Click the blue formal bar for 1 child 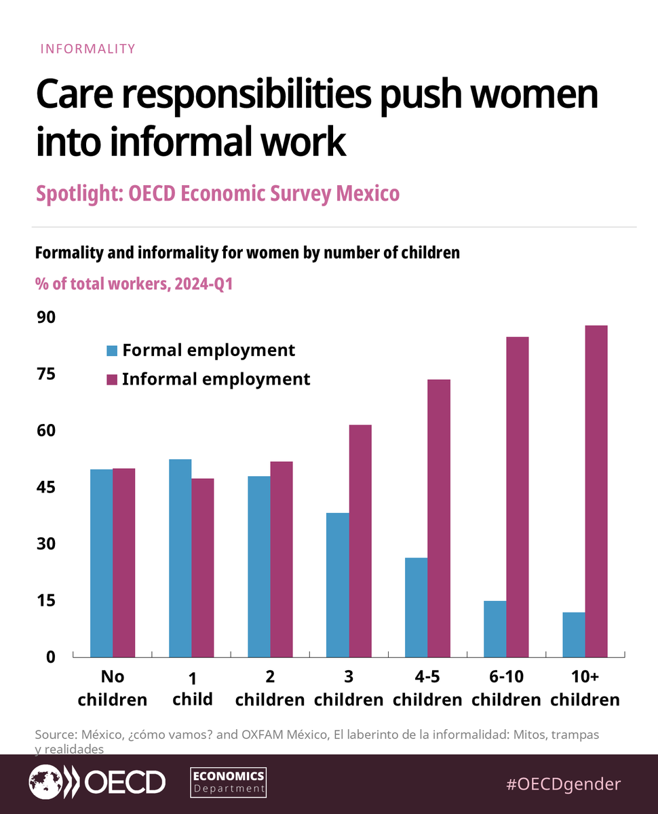pyautogui.click(x=180, y=558)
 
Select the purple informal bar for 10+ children pyautogui.click(x=596, y=491)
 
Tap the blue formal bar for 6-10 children pyautogui.click(x=495, y=629)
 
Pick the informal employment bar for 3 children pyautogui.click(x=360, y=541)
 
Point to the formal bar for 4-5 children pyautogui.click(x=416, y=607)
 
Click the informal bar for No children pyautogui.click(x=123, y=562)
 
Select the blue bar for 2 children pyautogui.click(x=258, y=566)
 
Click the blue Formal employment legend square pyautogui.click(x=112, y=351)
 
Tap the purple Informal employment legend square pyautogui.click(x=112, y=379)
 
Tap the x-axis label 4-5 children pyautogui.click(x=427, y=689)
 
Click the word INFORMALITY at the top pyautogui.click(x=88, y=49)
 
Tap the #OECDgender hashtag pyautogui.click(x=563, y=784)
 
